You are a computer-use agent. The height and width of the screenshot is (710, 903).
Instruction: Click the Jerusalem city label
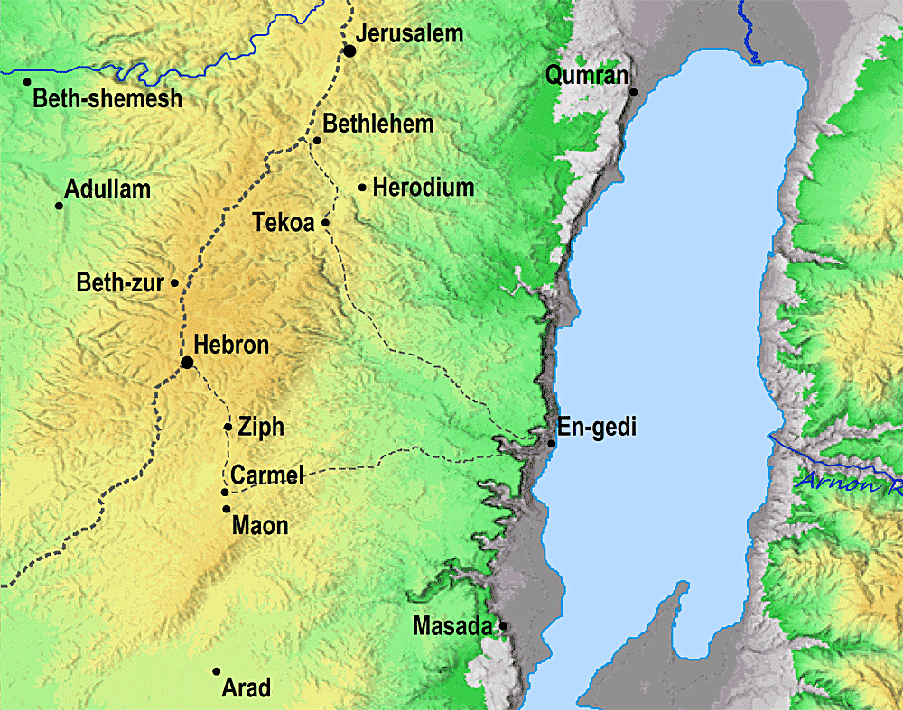point(409,34)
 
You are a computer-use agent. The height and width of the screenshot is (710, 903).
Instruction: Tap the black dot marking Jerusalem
point(349,51)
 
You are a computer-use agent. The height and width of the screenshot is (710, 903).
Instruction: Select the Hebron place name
point(231,346)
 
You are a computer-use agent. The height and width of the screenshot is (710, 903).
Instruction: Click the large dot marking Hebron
point(187,363)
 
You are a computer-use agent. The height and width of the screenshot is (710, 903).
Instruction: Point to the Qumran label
point(586,76)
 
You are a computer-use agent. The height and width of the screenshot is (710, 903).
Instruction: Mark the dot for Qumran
point(634,92)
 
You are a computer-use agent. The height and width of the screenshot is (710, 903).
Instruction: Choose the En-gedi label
point(597,428)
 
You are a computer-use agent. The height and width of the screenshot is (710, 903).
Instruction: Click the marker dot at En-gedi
point(552,443)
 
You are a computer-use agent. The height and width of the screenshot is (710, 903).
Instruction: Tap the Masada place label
point(453,625)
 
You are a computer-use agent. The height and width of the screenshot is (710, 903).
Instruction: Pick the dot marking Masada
point(503,625)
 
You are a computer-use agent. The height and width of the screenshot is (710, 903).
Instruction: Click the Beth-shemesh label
point(107,98)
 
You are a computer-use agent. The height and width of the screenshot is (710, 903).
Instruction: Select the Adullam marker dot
point(60,206)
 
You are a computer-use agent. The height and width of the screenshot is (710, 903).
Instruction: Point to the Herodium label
point(423,188)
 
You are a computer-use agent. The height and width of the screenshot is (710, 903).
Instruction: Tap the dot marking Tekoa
point(325,222)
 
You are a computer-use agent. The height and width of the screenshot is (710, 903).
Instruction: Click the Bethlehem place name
point(378,124)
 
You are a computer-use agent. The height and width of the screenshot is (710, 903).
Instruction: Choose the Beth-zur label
point(120,283)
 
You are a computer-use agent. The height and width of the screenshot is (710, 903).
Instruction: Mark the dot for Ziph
point(228,427)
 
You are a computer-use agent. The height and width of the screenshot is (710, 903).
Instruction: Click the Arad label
point(246,688)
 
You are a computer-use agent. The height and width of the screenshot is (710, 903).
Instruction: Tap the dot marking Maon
point(226,509)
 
